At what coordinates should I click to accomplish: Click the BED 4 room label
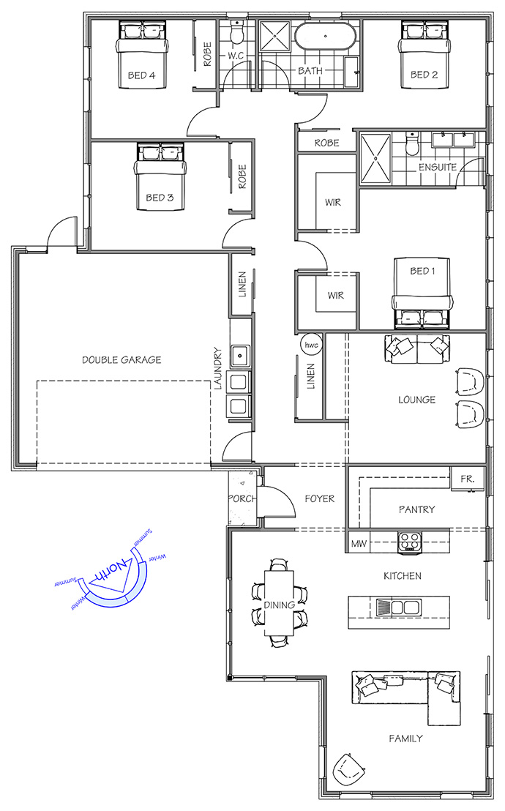(x=141, y=75)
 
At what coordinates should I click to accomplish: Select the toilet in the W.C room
(x=236, y=33)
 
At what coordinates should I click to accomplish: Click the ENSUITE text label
(x=437, y=167)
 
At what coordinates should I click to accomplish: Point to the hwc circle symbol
(x=311, y=345)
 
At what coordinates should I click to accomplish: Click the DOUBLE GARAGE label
(x=121, y=359)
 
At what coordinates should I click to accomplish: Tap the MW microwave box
(x=359, y=544)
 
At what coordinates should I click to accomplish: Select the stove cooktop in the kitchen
(x=409, y=542)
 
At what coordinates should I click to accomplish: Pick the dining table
(x=280, y=603)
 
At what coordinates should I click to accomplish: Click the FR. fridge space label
(x=467, y=479)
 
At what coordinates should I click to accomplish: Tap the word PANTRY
(x=416, y=509)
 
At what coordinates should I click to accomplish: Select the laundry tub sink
(x=240, y=356)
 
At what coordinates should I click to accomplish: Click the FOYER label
(x=319, y=498)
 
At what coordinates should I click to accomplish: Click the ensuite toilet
(x=412, y=144)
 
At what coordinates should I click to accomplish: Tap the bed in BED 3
(x=160, y=177)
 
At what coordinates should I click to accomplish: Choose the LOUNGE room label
(x=416, y=400)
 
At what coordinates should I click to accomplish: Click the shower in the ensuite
(x=375, y=158)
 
